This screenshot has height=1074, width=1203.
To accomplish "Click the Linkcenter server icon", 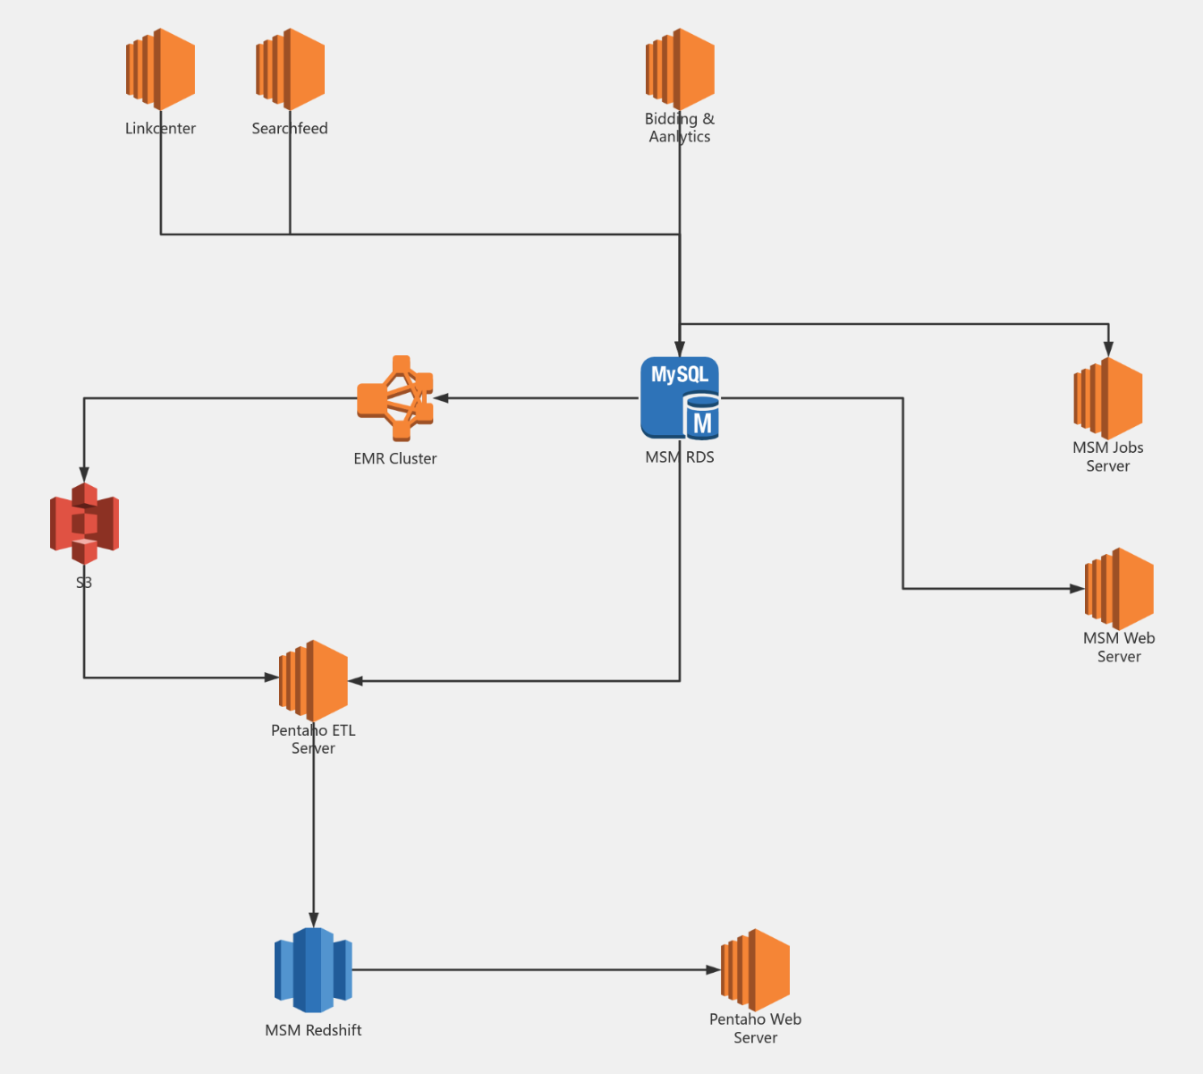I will tap(160, 69).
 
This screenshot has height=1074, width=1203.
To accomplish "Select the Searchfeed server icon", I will tap(290, 69).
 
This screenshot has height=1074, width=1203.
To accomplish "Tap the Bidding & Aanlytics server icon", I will tap(680, 69).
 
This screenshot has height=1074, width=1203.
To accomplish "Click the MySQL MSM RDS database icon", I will tap(680, 398).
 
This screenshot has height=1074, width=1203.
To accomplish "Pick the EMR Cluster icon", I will tap(395, 398).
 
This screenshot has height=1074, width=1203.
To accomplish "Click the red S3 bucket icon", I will tap(84, 524).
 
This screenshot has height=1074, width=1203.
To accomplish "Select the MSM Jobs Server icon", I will tap(1108, 398).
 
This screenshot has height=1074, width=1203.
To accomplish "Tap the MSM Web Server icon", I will tap(1119, 589).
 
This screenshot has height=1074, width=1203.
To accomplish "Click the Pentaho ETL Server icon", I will tap(313, 680).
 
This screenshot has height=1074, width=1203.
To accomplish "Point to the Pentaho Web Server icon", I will tap(756, 969).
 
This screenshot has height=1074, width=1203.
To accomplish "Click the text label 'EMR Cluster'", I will tap(395, 458).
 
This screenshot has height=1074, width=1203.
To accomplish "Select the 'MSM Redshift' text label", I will tap(313, 1030).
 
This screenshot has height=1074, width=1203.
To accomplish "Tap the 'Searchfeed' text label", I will tap(290, 128).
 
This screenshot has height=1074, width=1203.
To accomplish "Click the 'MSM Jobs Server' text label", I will tap(1108, 456).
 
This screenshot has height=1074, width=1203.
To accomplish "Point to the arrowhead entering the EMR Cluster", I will tap(441, 398).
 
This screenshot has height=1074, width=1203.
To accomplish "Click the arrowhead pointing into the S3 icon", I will tap(84, 474).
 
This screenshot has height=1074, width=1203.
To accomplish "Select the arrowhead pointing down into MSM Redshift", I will tap(313, 919).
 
